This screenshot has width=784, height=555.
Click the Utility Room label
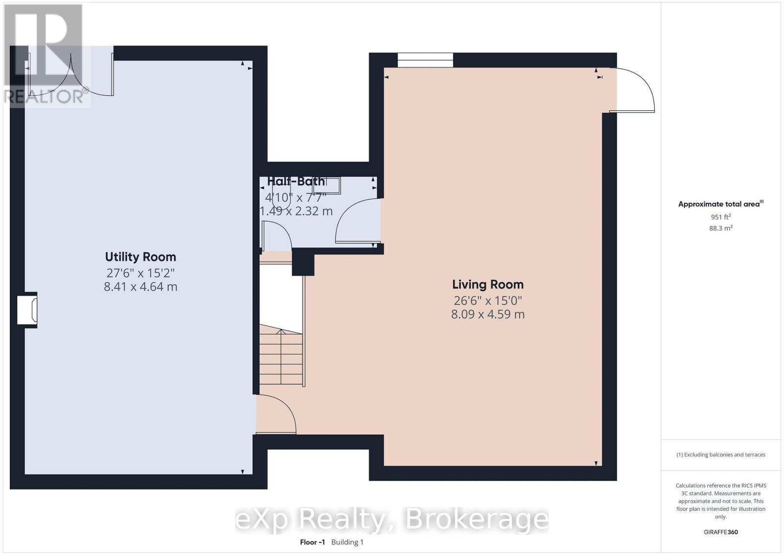click(x=140, y=257)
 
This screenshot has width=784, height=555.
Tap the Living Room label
click(x=488, y=284)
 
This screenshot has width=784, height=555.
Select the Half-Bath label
click(x=296, y=181)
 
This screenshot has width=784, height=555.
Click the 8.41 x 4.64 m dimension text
click(x=140, y=287)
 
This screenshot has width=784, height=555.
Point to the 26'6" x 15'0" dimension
click(x=488, y=300)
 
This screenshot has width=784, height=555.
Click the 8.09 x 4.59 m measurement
click(x=488, y=314)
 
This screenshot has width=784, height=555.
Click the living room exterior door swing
click(x=634, y=90)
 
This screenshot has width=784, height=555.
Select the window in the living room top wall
click(x=425, y=60)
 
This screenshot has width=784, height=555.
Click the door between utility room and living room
click(x=276, y=415)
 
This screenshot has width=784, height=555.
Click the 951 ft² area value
click(x=720, y=217)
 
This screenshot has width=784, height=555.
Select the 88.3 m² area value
click(x=720, y=228)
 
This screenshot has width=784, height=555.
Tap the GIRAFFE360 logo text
click(x=720, y=532)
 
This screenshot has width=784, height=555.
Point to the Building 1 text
click(x=347, y=542)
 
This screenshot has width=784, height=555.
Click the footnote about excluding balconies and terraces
click(x=720, y=454)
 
